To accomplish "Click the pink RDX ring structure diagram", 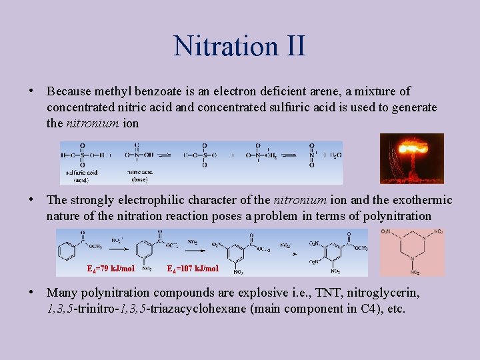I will [x=412, y=252].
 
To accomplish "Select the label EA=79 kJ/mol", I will [x=111, y=269].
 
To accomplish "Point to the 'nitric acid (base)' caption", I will [x=139, y=176].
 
